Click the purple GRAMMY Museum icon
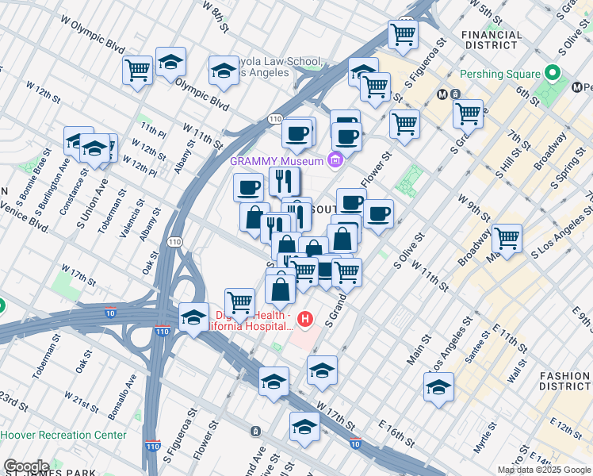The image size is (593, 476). click(x=335, y=160)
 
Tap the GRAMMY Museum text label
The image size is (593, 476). click(x=277, y=160)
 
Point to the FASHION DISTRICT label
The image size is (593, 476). click(x=564, y=381)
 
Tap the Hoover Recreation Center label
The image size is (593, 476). click(x=63, y=435)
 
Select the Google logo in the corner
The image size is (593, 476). click(x=26, y=466)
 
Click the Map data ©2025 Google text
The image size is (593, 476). click(x=544, y=470)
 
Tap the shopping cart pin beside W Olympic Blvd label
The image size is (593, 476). click(x=137, y=70)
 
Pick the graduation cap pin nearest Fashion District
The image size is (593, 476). click(x=438, y=389)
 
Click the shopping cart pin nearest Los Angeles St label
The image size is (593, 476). click(x=506, y=237)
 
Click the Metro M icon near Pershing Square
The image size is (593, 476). click(x=444, y=94)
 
